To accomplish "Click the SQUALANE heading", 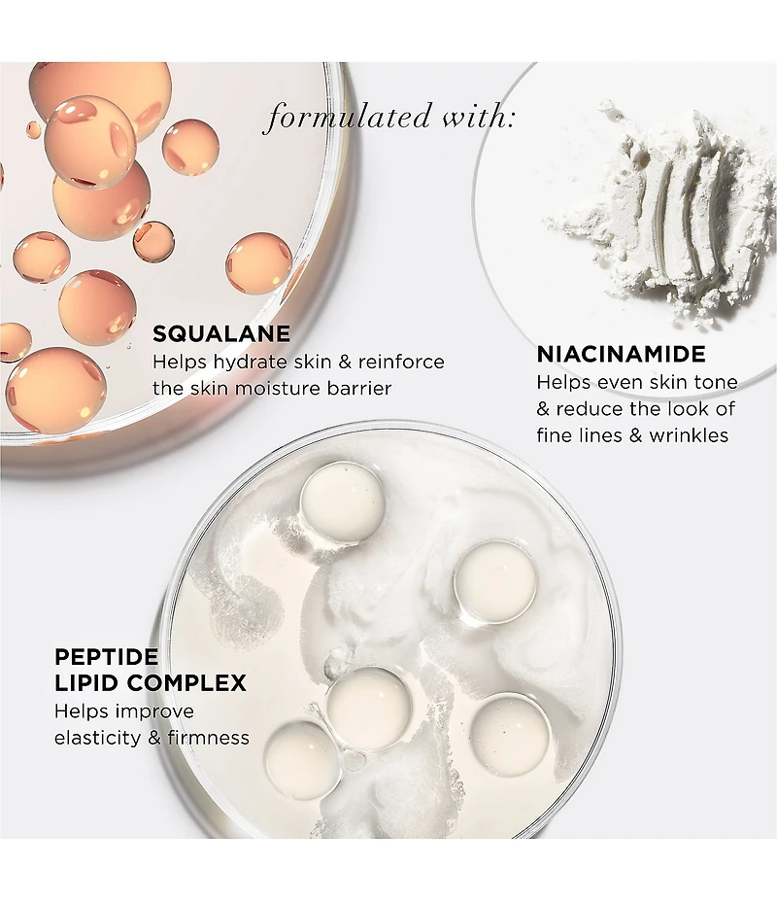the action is (221, 333).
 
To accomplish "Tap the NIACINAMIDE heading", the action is (621, 354).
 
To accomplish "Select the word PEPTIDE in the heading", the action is (106, 657).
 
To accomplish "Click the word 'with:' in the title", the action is (478, 117).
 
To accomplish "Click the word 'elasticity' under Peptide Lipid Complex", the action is (98, 738).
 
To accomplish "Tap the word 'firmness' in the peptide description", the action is (209, 738).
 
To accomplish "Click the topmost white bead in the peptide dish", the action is (342, 502).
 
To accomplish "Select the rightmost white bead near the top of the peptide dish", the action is (495, 582).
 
